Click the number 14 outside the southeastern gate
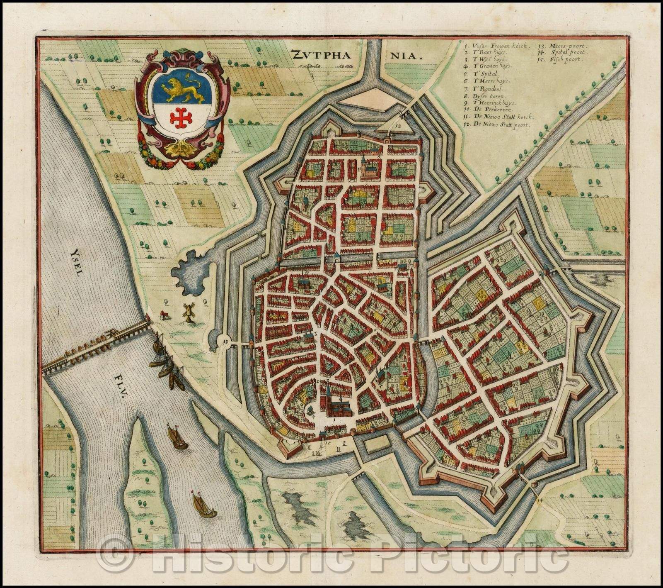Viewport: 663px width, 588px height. tap(539, 500)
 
